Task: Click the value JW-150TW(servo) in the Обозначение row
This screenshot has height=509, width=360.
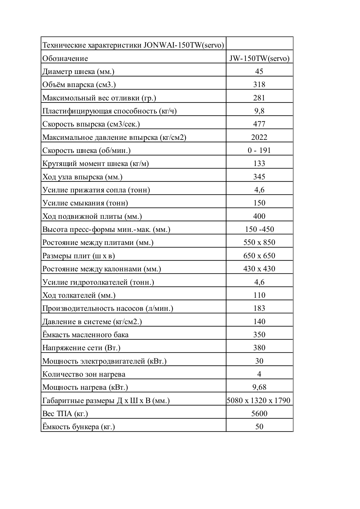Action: pyautogui.click(x=259, y=58)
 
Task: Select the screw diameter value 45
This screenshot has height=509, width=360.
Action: pyautogui.click(x=259, y=71)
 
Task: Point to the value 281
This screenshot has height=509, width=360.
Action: pyautogui.click(x=259, y=98)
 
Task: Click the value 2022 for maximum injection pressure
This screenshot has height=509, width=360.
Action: pyautogui.click(x=259, y=137)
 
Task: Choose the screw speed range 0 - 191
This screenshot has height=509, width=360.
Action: pyautogui.click(x=259, y=150)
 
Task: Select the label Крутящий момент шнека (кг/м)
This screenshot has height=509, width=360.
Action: pyautogui.click(x=95, y=164)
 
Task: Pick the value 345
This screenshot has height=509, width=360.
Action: pyautogui.click(x=259, y=177)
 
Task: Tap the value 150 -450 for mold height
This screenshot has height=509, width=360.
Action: pyautogui.click(x=259, y=229)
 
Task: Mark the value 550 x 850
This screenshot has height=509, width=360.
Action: pyautogui.click(x=259, y=242)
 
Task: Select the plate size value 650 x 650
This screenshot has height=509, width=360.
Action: pyautogui.click(x=259, y=256)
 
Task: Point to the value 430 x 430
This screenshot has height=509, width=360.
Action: pyautogui.click(x=259, y=269)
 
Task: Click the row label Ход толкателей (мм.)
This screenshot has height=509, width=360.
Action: pyautogui.click(x=79, y=295)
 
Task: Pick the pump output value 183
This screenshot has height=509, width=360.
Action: pyautogui.click(x=259, y=308)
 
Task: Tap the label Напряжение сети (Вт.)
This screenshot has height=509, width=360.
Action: pyautogui.click(x=81, y=348)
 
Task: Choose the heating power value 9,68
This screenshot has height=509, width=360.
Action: pyautogui.click(x=259, y=387)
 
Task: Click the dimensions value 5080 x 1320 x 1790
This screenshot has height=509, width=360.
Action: pyautogui.click(x=258, y=400)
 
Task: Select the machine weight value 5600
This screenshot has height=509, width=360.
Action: pyautogui.click(x=259, y=414)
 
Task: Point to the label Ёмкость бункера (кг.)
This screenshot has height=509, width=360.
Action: pyautogui.click(x=79, y=427)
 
